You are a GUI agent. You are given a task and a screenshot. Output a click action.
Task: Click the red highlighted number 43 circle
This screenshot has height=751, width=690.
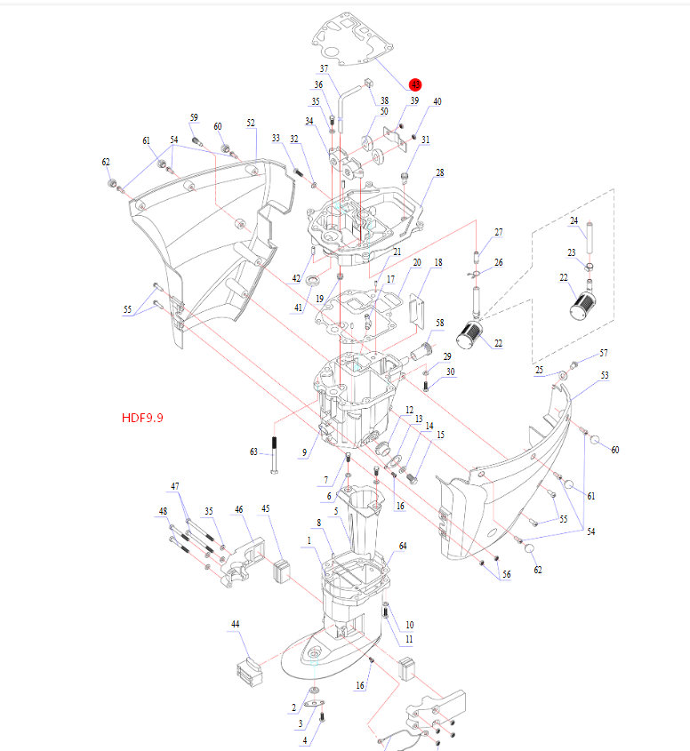415,84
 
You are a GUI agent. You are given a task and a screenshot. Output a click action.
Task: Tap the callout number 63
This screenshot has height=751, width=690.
254,452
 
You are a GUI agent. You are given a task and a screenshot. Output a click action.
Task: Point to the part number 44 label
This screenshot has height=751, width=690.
235,625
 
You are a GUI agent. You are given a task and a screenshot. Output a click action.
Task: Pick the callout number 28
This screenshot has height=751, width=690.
439,172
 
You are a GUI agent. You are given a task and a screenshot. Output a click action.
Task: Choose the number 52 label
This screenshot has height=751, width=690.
251,124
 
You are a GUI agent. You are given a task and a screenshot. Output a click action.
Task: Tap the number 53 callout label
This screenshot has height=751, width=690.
605,376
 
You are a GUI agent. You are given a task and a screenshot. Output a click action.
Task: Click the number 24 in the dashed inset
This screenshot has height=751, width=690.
574,220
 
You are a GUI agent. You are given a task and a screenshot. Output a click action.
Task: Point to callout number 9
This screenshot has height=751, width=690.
304,453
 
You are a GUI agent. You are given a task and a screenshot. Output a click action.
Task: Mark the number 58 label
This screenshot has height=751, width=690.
439,323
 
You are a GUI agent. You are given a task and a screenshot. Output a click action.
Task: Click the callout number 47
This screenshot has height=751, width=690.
175,486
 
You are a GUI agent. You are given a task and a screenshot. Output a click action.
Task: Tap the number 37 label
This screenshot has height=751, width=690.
324,68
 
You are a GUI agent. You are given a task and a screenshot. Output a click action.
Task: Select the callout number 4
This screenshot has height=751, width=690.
305,740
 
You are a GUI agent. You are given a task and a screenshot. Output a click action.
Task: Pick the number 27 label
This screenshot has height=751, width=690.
498,233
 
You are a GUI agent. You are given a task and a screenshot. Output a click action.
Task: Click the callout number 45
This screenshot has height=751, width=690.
266,508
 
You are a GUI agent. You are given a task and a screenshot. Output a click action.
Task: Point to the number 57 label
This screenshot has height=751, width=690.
604,353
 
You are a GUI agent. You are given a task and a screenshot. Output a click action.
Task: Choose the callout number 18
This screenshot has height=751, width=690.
437,263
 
